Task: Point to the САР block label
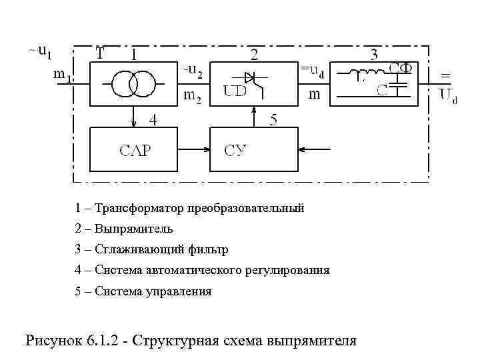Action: pyautogui.click(x=135, y=150)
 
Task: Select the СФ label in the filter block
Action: pyautogui.click(x=401, y=68)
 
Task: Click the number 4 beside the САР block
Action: pyautogui.click(x=153, y=121)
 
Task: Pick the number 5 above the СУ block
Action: pyautogui.click(x=273, y=121)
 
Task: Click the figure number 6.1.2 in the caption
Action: pyautogui.click(x=105, y=340)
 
